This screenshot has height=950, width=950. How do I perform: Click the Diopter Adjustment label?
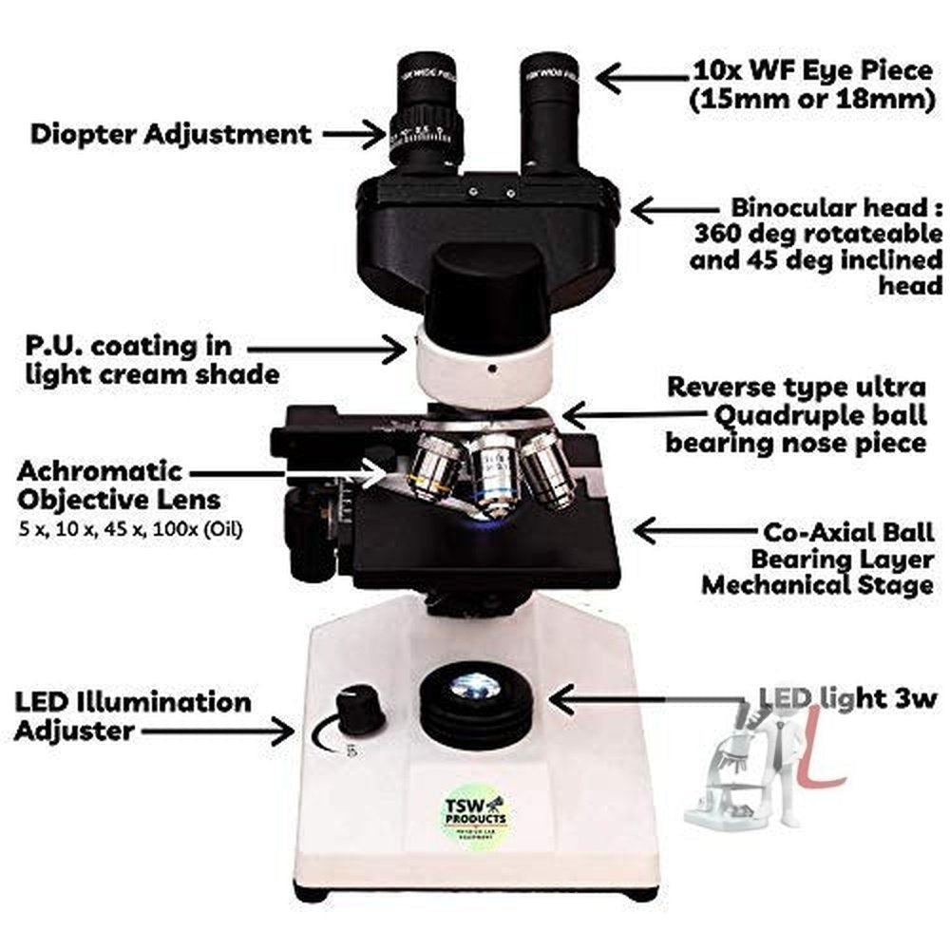[x=171, y=133]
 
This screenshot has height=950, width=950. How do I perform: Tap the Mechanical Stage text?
[x=817, y=584]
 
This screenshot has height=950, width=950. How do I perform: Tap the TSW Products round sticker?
[x=480, y=816]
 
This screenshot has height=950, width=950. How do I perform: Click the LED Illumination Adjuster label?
[x=133, y=716]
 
